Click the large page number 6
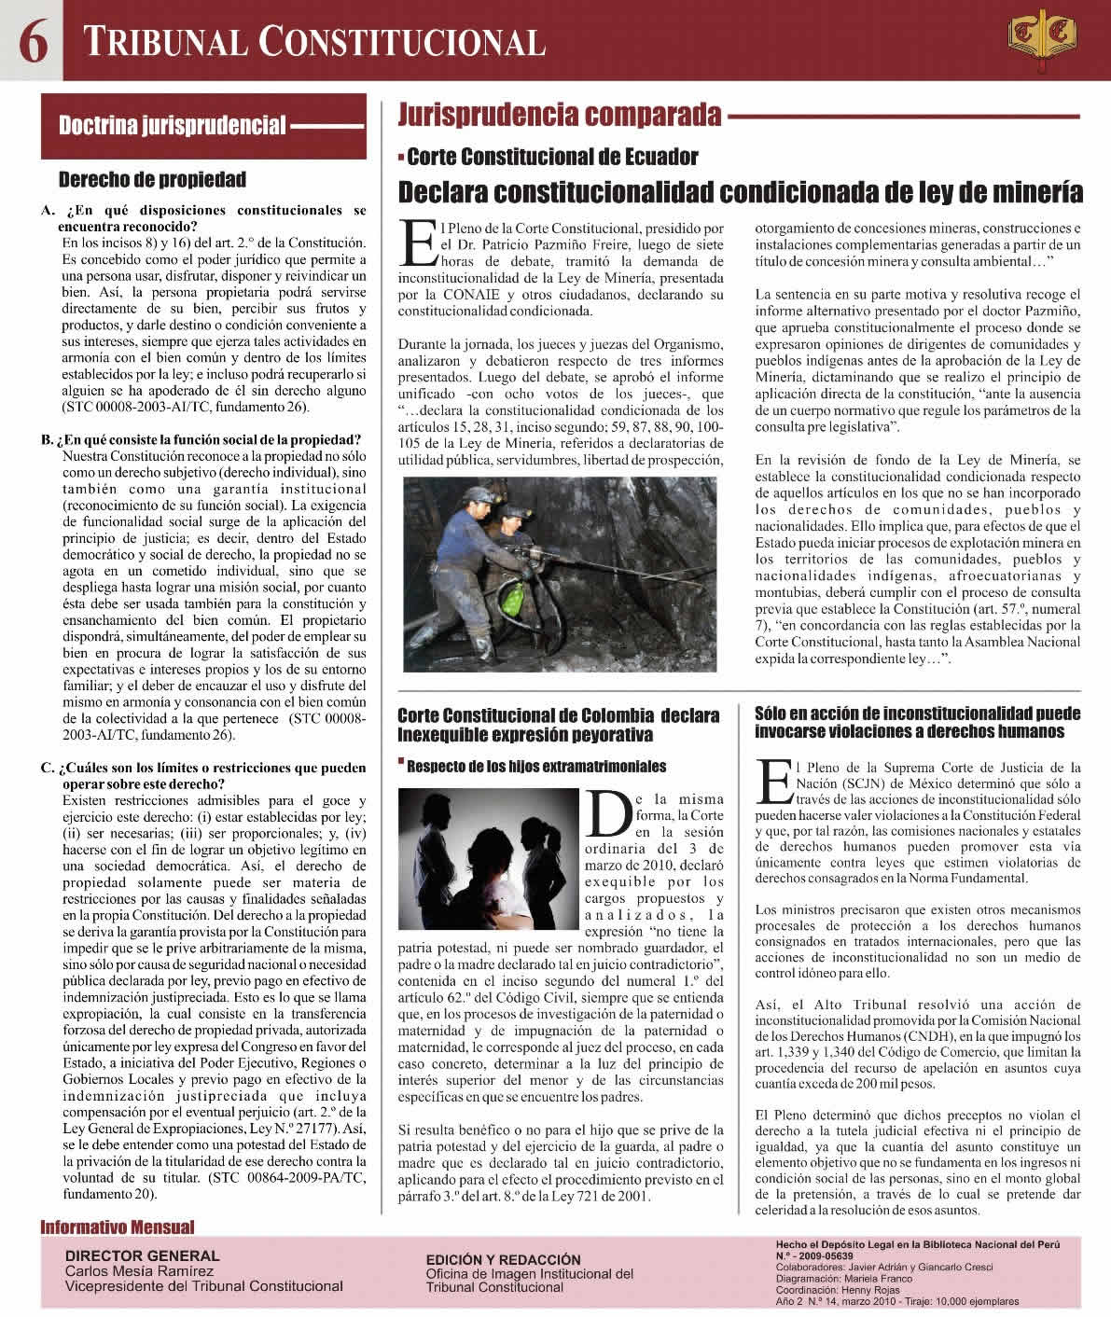tap(34, 42)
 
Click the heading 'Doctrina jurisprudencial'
tap(172, 125)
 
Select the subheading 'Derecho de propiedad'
tap(152, 179)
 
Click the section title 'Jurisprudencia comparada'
tap(560, 115)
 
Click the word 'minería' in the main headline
tap(1028, 192)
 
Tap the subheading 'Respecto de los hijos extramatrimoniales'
tap(536, 767)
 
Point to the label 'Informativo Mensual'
tap(118, 1227)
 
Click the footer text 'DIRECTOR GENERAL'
tap(143, 1255)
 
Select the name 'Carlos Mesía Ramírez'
tap(139, 1270)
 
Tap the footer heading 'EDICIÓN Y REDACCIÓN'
tap(503, 1259)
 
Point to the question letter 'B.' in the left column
tap(48, 439)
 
